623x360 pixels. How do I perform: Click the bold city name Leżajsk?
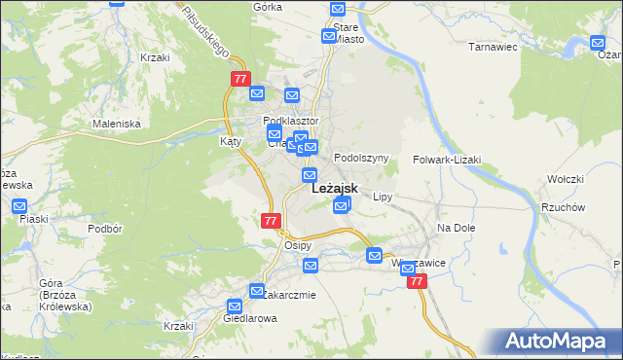334,190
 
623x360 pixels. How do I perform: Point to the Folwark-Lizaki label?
446,159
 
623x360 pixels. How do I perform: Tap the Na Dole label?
455,228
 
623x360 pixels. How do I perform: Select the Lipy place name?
383,197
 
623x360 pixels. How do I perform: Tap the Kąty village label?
231,141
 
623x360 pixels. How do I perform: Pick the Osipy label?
297,245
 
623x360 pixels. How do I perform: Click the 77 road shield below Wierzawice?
417,281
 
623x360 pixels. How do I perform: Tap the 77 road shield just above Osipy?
272,221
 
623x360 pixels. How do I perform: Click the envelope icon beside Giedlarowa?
235,306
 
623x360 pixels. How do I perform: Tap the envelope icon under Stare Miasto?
330,36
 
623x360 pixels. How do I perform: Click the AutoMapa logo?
559,341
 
